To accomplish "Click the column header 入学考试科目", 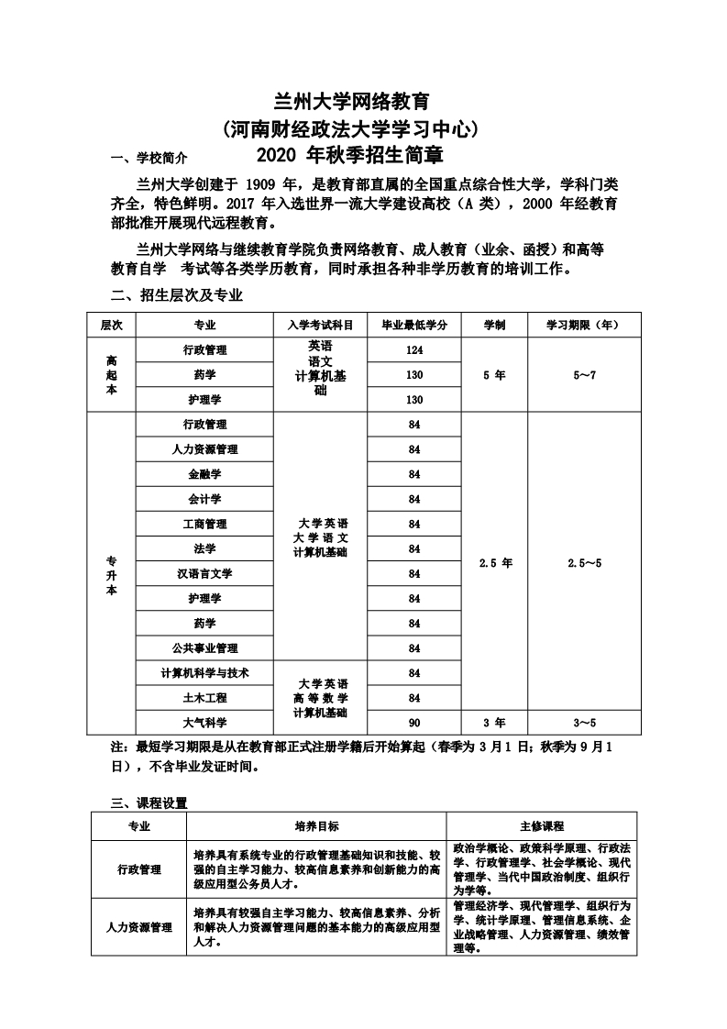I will coord(320,325).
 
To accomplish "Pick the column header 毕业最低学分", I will coord(413,325).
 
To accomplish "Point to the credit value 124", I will coord(414,350).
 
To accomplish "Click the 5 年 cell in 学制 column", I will coord(494,375).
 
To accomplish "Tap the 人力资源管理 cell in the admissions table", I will coord(204,449).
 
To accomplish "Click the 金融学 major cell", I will coord(204,474).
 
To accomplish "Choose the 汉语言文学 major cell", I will coord(204,573).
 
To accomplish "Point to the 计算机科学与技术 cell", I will coord(204,672).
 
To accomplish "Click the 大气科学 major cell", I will coord(204,722).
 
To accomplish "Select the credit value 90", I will coord(414,722).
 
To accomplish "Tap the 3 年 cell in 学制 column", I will coord(494,722).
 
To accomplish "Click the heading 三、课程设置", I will coord(149,802).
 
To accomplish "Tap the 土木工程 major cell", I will coord(204,697).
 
